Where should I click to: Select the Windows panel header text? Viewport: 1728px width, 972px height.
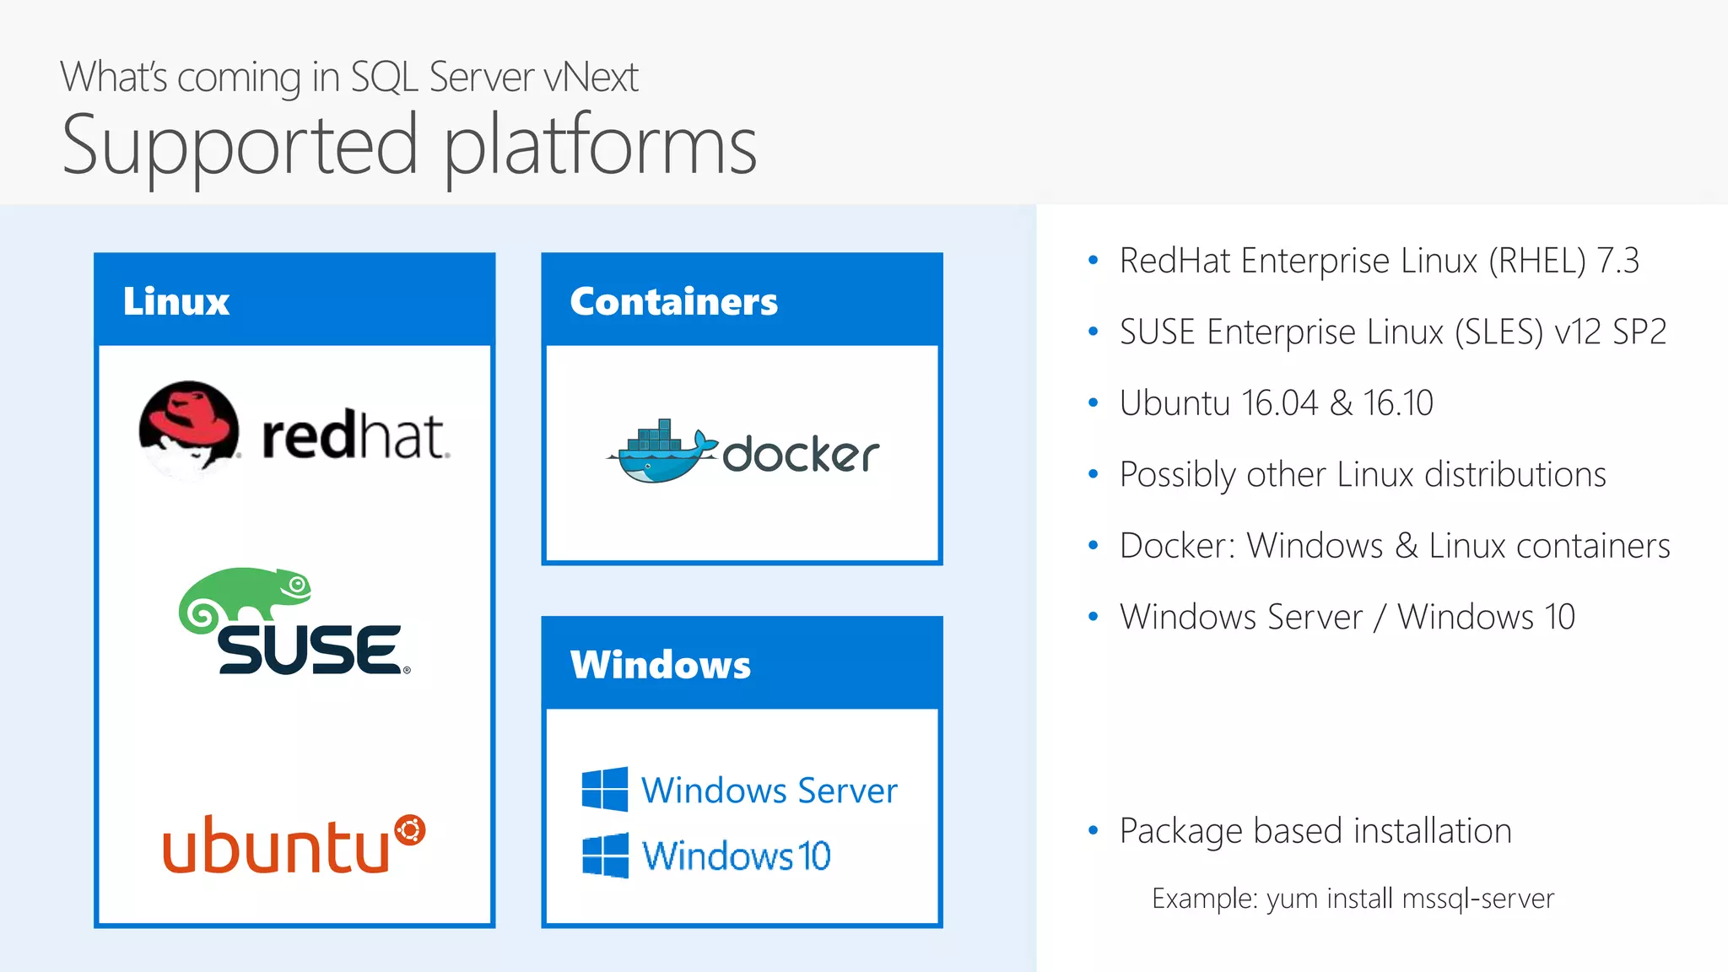[660, 665]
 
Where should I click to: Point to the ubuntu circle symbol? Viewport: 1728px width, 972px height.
[410, 830]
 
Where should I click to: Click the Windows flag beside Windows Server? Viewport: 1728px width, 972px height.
[604, 789]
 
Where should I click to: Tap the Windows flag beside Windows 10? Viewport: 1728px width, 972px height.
[604, 855]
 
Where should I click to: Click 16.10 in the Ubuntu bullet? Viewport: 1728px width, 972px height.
[1398, 403]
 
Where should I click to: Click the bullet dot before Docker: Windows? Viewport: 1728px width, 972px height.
[1093, 546]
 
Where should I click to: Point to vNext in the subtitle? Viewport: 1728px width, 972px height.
[591, 78]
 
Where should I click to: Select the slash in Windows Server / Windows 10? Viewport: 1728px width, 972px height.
[1380, 618]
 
